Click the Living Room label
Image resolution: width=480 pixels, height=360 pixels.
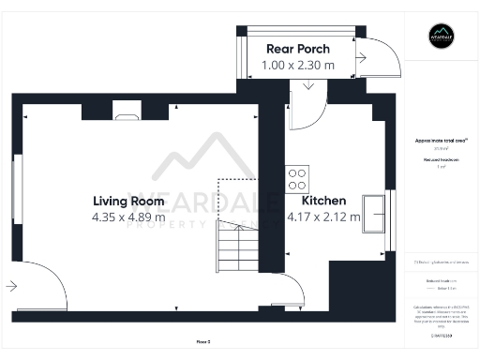click(128, 201)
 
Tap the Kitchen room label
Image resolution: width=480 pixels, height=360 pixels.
click(324, 201)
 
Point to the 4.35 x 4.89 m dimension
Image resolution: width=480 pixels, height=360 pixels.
click(128, 217)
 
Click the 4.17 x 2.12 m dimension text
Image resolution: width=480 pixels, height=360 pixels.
click(324, 217)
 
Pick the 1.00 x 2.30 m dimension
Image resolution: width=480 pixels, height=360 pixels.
click(297, 66)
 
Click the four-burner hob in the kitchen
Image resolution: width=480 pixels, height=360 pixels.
click(298, 178)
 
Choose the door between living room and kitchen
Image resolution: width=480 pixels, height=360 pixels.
click(282, 289)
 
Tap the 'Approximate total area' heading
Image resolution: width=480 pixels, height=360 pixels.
click(440, 141)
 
